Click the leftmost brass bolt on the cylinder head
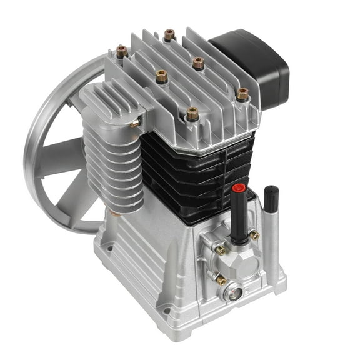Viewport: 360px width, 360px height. click(121, 49)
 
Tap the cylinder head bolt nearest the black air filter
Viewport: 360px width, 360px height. click(241, 94)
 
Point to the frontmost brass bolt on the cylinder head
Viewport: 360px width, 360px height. click(192, 114)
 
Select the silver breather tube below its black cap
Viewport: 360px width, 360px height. click(270, 244)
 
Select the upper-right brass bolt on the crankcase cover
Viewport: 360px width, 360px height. click(255, 235)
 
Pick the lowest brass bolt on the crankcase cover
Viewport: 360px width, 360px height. click(221, 281)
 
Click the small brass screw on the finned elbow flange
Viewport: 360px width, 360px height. click(134, 124)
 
